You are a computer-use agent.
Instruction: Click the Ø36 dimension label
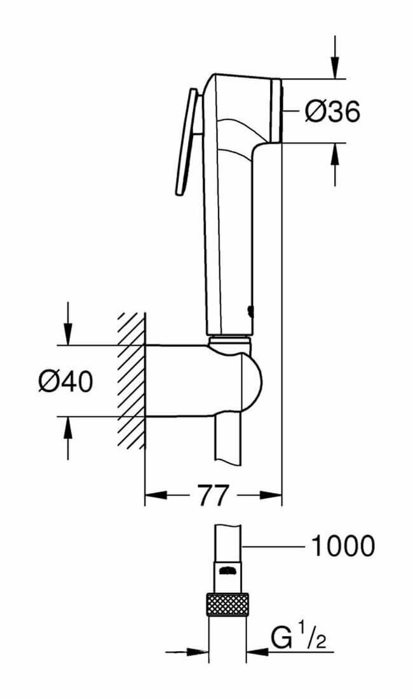click(x=332, y=111)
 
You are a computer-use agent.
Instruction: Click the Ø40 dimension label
click(x=66, y=382)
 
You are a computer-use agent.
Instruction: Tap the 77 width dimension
click(x=213, y=495)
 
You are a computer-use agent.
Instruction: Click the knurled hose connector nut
click(x=227, y=604)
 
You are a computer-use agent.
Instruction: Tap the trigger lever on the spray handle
click(x=186, y=142)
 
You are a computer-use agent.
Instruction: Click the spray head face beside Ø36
click(x=276, y=111)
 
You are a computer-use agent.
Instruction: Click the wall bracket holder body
click(x=203, y=381)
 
